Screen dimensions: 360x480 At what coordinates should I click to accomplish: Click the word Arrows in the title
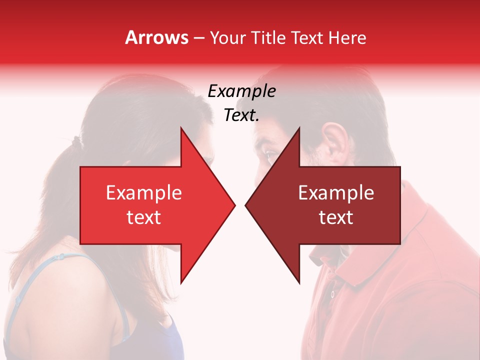156,37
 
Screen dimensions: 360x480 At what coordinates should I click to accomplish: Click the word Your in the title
227,37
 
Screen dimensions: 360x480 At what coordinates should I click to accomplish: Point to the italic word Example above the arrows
241,91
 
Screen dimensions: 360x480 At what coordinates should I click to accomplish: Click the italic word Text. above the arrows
241,115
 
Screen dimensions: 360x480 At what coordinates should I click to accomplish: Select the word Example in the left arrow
144,192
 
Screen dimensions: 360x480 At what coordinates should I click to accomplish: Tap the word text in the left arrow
144,217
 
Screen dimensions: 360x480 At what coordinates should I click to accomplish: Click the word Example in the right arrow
336,192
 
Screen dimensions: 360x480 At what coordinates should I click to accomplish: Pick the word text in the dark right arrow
336,217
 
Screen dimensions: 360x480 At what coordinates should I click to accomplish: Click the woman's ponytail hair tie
76,141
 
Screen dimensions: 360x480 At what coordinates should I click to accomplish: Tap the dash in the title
198,38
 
